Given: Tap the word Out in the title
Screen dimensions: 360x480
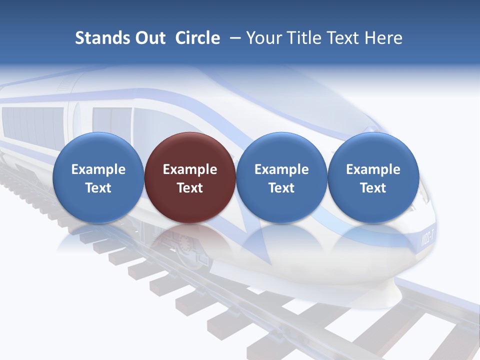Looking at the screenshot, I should pos(149,38).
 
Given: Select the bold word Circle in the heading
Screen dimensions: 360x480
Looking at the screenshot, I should pos(197,38).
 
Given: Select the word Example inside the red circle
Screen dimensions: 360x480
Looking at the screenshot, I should pos(190,169).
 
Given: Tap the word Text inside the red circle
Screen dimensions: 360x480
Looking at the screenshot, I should pos(190,188).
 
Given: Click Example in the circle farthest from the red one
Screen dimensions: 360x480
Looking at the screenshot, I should pos(373,169).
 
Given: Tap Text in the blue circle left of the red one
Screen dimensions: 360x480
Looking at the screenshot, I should pos(98,188).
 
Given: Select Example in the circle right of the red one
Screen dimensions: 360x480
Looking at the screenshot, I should pos(281,169).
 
